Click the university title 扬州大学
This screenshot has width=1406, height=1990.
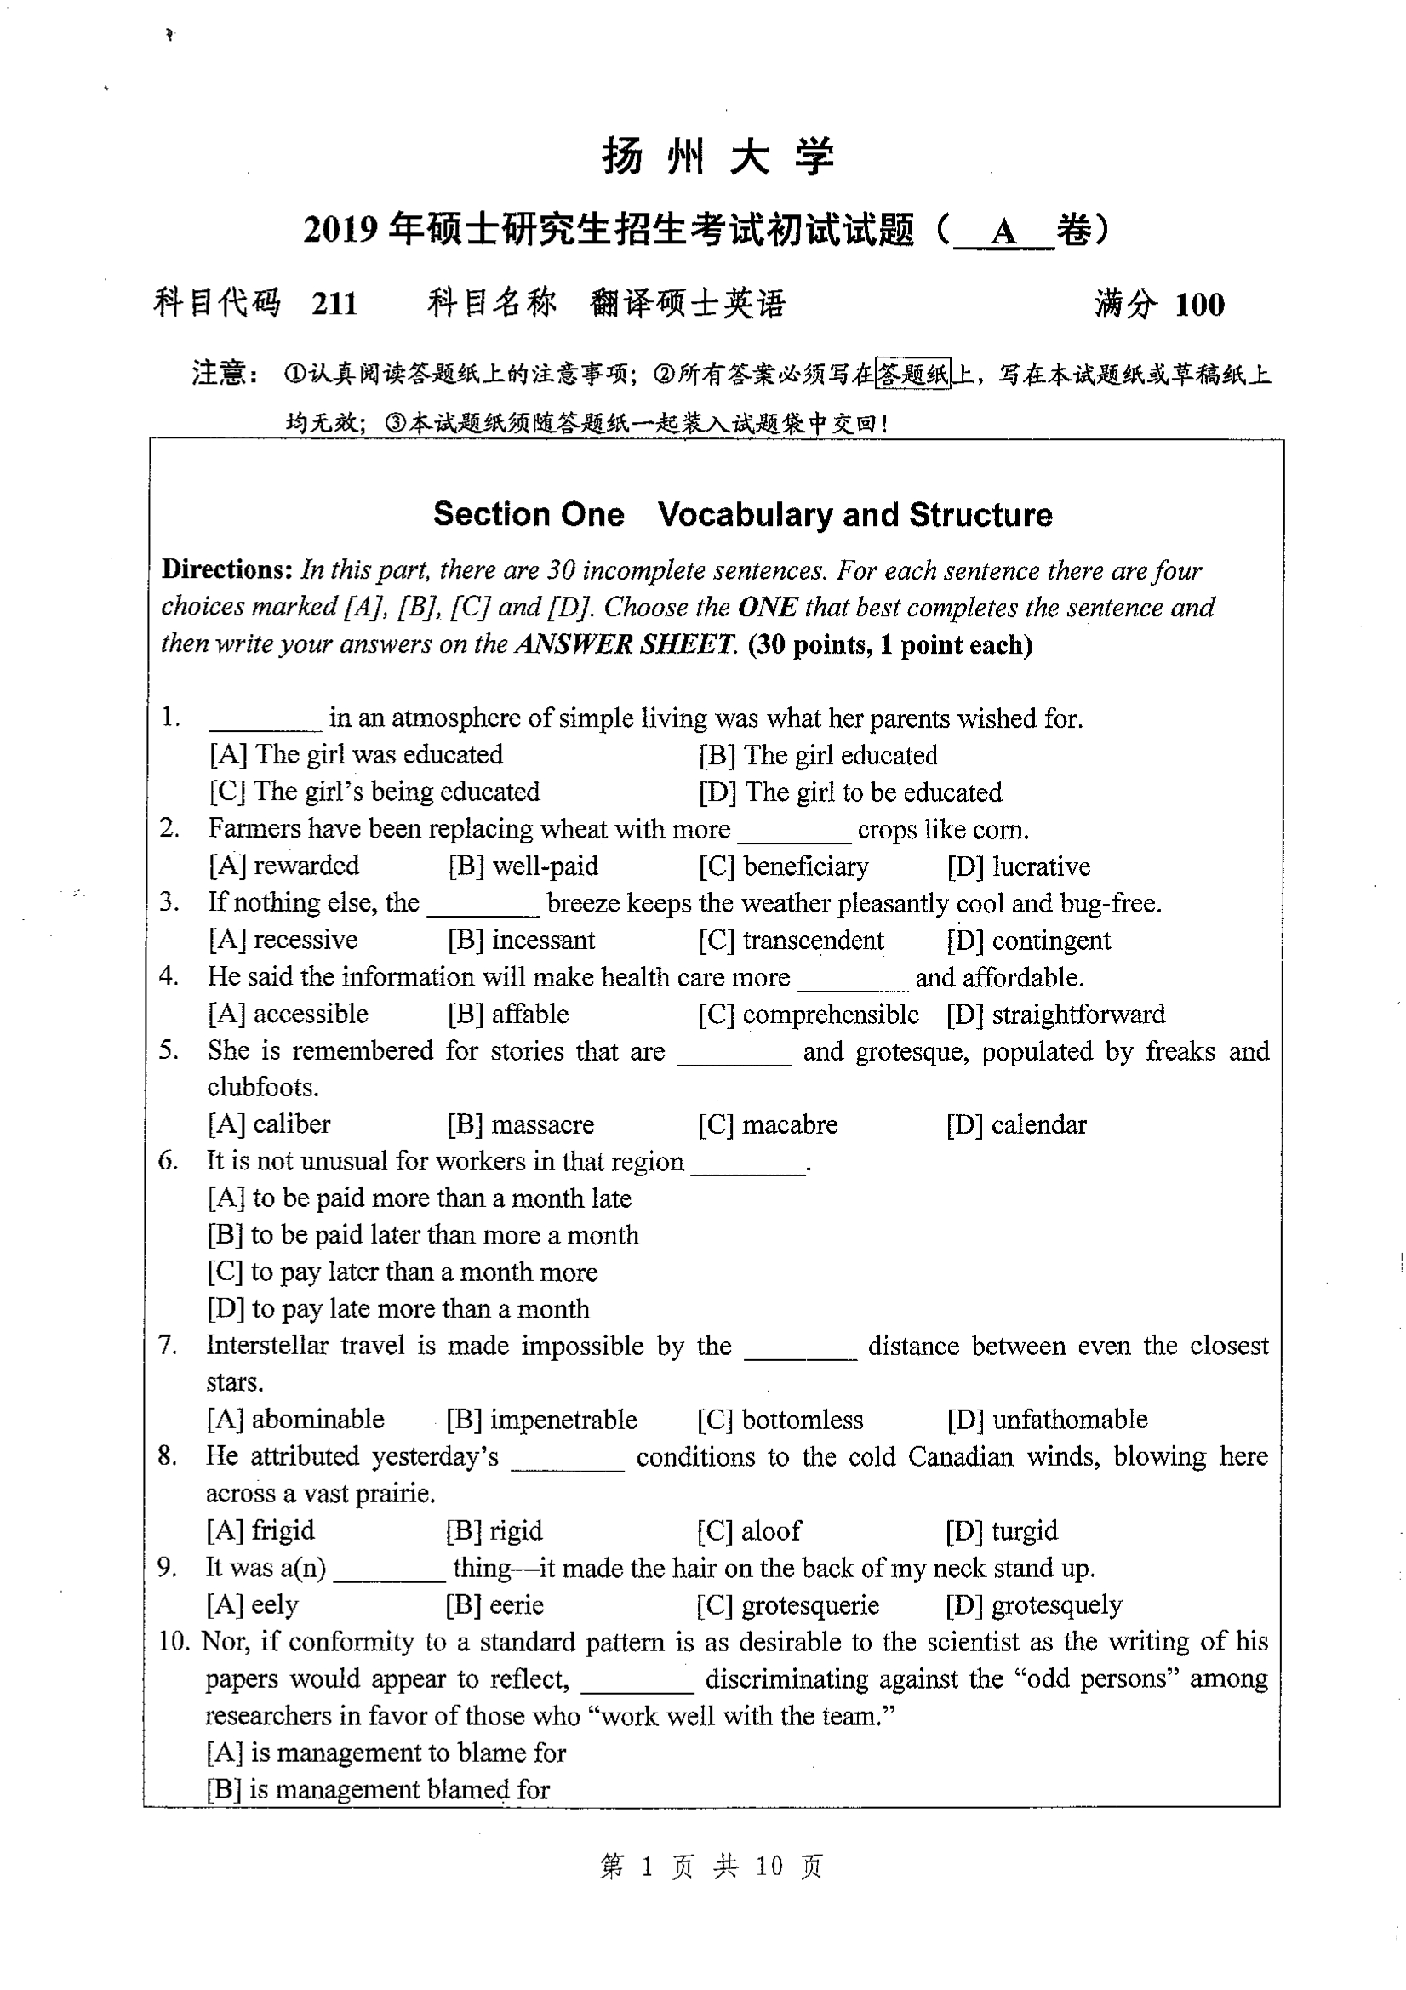pyautogui.click(x=717, y=157)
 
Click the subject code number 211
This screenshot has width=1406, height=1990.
pyautogui.click(x=334, y=303)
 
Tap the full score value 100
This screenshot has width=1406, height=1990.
pyautogui.click(x=1200, y=304)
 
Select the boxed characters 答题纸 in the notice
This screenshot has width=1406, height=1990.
pyautogui.click(x=912, y=374)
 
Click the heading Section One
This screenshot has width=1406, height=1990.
pyautogui.click(x=528, y=514)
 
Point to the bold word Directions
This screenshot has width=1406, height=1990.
pyautogui.click(x=227, y=569)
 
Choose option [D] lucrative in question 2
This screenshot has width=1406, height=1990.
pyautogui.click(x=1019, y=866)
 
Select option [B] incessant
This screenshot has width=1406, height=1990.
pyautogui.click(x=521, y=941)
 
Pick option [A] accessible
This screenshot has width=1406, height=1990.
pyautogui.click(x=288, y=1014)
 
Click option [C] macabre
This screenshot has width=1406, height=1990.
pyautogui.click(x=767, y=1125)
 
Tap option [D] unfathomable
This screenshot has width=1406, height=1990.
pyautogui.click(x=1047, y=1420)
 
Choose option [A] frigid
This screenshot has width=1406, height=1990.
pyautogui.click(x=260, y=1530)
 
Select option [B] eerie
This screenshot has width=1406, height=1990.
pyautogui.click(x=494, y=1605)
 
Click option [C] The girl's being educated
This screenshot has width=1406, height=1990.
pyautogui.click(x=374, y=792)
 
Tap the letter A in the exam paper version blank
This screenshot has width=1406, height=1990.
pyautogui.click(x=1003, y=232)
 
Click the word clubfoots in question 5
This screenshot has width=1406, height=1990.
pyautogui.click(x=263, y=1087)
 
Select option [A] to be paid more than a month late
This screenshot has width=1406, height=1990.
pyautogui.click(x=420, y=1198)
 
